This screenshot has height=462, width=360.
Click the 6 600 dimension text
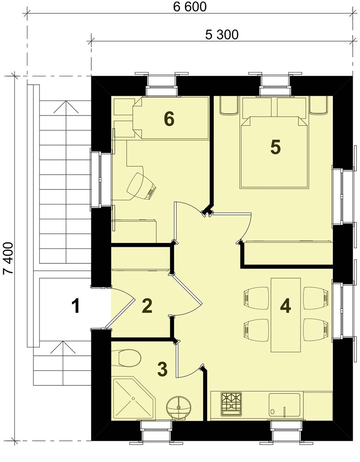pyautogui.click(x=189, y=7)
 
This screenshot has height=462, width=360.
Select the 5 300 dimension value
pyautogui.click(x=221, y=35)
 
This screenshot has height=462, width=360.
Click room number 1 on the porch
pyautogui.click(x=75, y=306)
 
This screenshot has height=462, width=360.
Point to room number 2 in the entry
pyautogui.click(x=147, y=306)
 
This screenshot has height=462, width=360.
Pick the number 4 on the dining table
pyautogui.click(x=286, y=306)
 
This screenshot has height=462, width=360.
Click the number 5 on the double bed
pyautogui.click(x=276, y=147)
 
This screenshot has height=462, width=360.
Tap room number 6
pyautogui.click(x=169, y=119)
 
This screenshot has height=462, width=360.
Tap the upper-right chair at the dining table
pyautogui.click(x=316, y=298)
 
